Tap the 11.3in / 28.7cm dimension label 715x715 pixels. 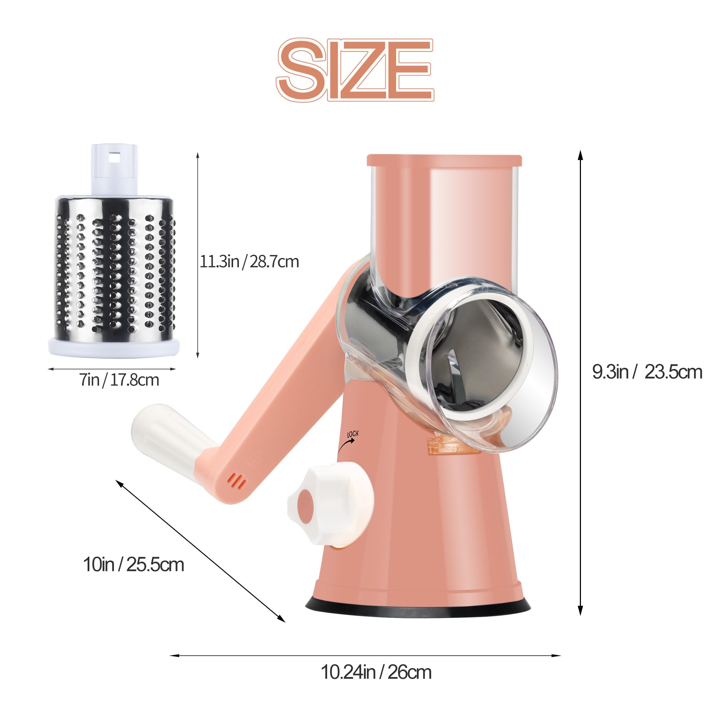point(250,262)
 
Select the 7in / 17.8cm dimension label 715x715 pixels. point(119,380)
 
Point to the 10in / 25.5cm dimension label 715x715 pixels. point(134,564)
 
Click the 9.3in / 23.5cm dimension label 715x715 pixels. point(647,372)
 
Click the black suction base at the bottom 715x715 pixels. point(418,612)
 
